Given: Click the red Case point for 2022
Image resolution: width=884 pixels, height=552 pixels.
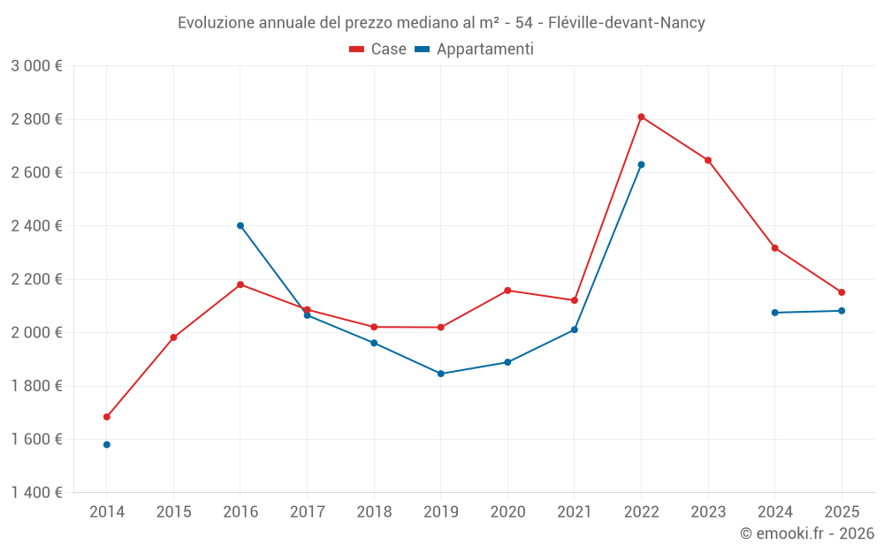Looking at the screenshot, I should pyautogui.click(x=641, y=117).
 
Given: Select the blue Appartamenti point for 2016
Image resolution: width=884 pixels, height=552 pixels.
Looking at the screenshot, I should pyautogui.click(x=240, y=225).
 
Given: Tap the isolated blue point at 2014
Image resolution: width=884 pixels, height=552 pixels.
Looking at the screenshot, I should pyautogui.click(x=107, y=444).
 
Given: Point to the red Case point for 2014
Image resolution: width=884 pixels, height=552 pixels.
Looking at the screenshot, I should pyautogui.click(x=107, y=417).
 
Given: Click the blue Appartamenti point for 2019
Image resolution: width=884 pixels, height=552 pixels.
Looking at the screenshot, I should pyautogui.click(x=441, y=374).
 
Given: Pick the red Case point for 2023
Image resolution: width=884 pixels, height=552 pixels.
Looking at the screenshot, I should pyautogui.click(x=708, y=160).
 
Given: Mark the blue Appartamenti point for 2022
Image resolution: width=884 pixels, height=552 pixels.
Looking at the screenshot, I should pyautogui.click(x=641, y=164).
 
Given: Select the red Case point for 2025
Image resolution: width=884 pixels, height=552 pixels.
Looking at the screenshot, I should pyautogui.click(x=842, y=292).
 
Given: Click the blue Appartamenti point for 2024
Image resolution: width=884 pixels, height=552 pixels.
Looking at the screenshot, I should pyautogui.click(x=775, y=313).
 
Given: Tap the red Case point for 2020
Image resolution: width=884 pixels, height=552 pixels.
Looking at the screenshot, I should pyautogui.click(x=507, y=291).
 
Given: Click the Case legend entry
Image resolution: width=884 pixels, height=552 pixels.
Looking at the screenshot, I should pyautogui.click(x=378, y=49).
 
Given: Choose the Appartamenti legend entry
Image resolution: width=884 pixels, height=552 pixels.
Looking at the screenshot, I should pyautogui.click(x=475, y=49).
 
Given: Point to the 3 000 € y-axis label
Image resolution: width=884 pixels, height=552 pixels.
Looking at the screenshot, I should pyautogui.click(x=36, y=66).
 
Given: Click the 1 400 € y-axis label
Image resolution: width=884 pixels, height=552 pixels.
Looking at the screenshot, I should pyautogui.click(x=36, y=493).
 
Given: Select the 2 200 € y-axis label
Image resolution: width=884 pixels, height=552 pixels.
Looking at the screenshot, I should pyautogui.click(x=36, y=279).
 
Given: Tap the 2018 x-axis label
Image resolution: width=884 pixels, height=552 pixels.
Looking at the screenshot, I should pyautogui.click(x=374, y=512).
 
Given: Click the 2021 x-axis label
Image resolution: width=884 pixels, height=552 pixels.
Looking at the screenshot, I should pyautogui.click(x=575, y=512).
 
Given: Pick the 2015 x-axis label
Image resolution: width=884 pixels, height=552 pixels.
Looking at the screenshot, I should pyautogui.click(x=173, y=512).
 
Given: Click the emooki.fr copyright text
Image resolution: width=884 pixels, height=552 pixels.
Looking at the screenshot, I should pyautogui.click(x=807, y=533).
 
